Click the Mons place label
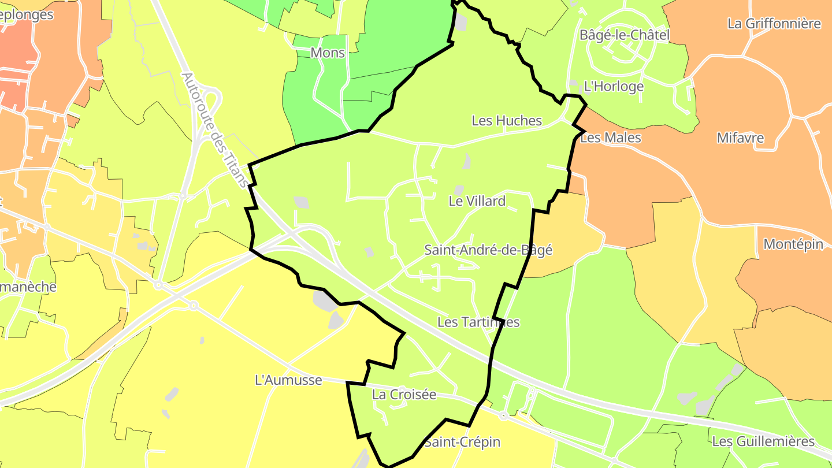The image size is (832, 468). click(x=328, y=53)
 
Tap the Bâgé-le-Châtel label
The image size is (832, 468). click(x=625, y=35)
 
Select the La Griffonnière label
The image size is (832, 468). click(x=774, y=24)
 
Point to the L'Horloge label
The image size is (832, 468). click(x=614, y=87)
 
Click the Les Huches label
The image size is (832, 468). click(x=507, y=120)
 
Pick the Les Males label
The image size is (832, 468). click(x=611, y=138)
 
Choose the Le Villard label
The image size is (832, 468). click(x=477, y=201)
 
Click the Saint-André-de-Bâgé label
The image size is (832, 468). click(x=488, y=250)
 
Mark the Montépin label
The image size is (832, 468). click(x=793, y=244)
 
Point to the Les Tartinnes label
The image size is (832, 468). click(x=478, y=322)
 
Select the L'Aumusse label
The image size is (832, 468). click(x=288, y=380)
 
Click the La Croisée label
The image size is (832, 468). click(x=404, y=395)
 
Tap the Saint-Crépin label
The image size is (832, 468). click(x=462, y=442)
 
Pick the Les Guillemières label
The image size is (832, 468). click(x=763, y=441)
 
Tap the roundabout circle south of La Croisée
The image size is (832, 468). click(x=504, y=415)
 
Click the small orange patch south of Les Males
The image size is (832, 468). click(x=577, y=184)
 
